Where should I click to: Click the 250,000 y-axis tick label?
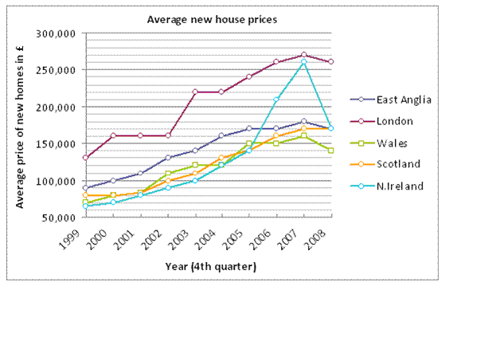(55, 70)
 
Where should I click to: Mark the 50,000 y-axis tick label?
(57, 217)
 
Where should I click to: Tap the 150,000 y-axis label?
(55, 144)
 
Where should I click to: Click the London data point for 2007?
(303, 55)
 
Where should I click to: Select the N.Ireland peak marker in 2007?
(303, 62)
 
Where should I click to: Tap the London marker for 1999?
(85, 158)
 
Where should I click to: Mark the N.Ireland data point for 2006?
(276, 100)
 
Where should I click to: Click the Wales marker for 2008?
(330, 151)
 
